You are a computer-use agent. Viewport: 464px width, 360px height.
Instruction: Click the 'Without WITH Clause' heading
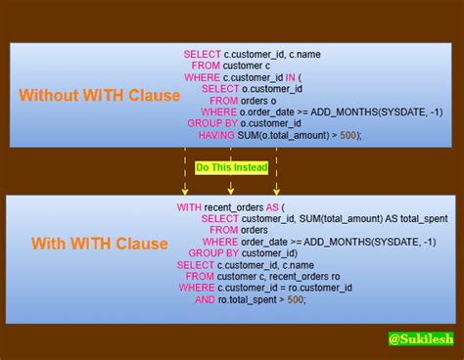click(x=100, y=95)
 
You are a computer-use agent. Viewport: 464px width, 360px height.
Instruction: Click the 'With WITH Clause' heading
click(x=100, y=244)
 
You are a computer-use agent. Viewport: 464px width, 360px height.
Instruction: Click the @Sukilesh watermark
click(x=419, y=338)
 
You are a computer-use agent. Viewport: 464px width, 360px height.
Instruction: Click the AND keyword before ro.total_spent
click(x=205, y=299)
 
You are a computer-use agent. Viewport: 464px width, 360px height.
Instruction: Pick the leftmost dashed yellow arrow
click(x=185, y=170)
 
